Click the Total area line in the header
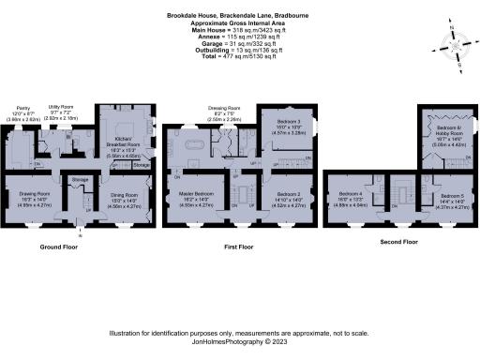240,59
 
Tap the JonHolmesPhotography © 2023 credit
240,343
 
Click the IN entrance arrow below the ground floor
81,233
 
